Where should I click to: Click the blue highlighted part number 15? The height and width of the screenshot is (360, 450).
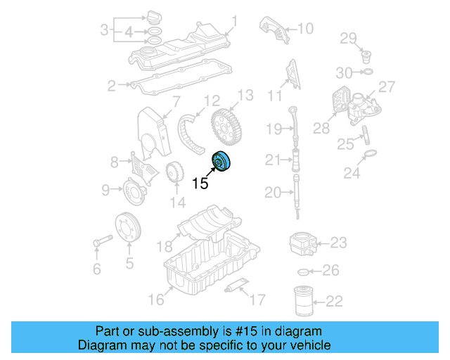point(226,161)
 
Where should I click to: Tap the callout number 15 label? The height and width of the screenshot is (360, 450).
point(200,184)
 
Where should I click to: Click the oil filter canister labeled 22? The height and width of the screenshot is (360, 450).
point(303,302)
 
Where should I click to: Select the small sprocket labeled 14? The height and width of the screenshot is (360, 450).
point(174,172)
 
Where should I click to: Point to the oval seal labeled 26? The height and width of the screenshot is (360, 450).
point(304,271)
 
